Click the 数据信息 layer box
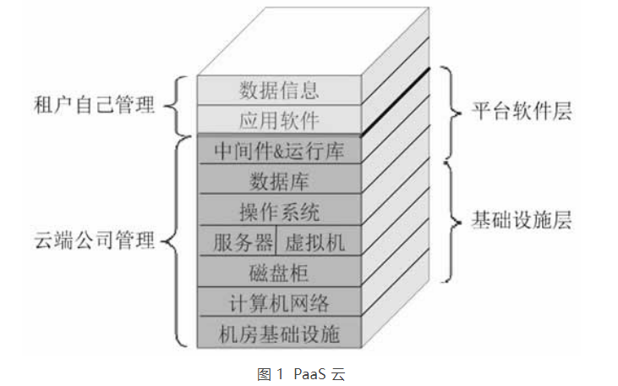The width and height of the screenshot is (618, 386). (x=279, y=89)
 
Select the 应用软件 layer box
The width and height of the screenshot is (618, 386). (x=279, y=119)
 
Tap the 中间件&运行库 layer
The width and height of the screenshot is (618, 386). (x=279, y=150)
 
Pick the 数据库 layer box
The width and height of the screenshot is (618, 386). (x=279, y=180)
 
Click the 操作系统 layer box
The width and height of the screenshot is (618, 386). (x=279, y=210)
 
